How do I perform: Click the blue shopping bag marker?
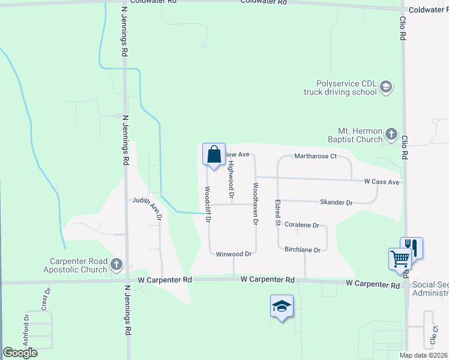[x=214, y=155]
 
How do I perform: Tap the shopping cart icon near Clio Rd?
[x=400, y=259]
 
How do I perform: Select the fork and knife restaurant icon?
[x=412, y=247]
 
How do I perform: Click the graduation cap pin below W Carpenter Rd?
[x=282, y=306]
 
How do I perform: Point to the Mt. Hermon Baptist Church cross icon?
[x=391, y=134]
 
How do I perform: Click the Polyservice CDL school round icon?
[x=386, y=88]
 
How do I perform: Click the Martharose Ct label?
[x=314, y=156]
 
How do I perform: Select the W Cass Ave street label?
[x=381, y=181]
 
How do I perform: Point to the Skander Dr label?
[x=336, y=203]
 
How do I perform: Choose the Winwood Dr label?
[x=233, y=254]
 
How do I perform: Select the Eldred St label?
[x=277, y=212]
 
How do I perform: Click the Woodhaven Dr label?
[x=256, y=204]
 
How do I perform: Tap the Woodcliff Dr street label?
[x=207, y=204]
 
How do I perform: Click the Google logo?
[x=20, y=353]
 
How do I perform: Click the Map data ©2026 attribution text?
[x=423, y=355]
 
